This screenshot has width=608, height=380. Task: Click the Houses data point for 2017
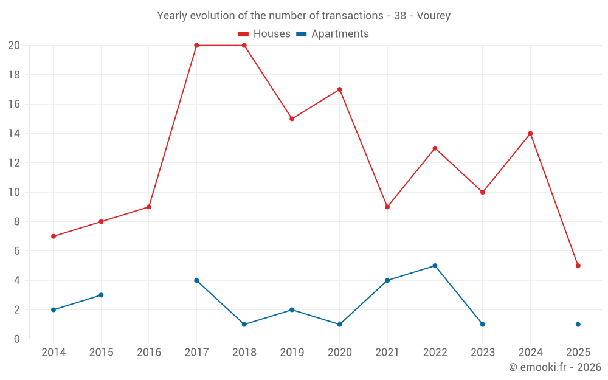point(196,46)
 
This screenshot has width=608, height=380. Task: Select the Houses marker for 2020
point(339,89)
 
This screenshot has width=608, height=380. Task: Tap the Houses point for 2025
point(578,266)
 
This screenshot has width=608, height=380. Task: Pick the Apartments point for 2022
point(435,266)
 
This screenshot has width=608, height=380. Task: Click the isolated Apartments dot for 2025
point(578,324)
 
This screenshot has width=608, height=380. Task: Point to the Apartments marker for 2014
point(54,309)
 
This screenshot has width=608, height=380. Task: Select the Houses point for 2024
point(530,134)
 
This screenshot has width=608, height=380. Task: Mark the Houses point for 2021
point(387,207)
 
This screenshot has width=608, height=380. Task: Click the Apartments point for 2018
point(244,324)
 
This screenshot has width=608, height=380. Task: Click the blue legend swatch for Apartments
point(301,34)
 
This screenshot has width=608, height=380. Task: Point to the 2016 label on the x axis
point(148,353)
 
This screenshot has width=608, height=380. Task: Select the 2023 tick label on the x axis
point(482,353)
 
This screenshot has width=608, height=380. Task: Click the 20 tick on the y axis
point(14,46)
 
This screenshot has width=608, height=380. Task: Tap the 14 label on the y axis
point(14,134)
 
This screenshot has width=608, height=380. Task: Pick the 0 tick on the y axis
point(17,339)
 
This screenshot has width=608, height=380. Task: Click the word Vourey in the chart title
point(434,16)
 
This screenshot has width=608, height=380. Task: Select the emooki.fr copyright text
point(554,367)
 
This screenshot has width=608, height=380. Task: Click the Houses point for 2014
point(54,236)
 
